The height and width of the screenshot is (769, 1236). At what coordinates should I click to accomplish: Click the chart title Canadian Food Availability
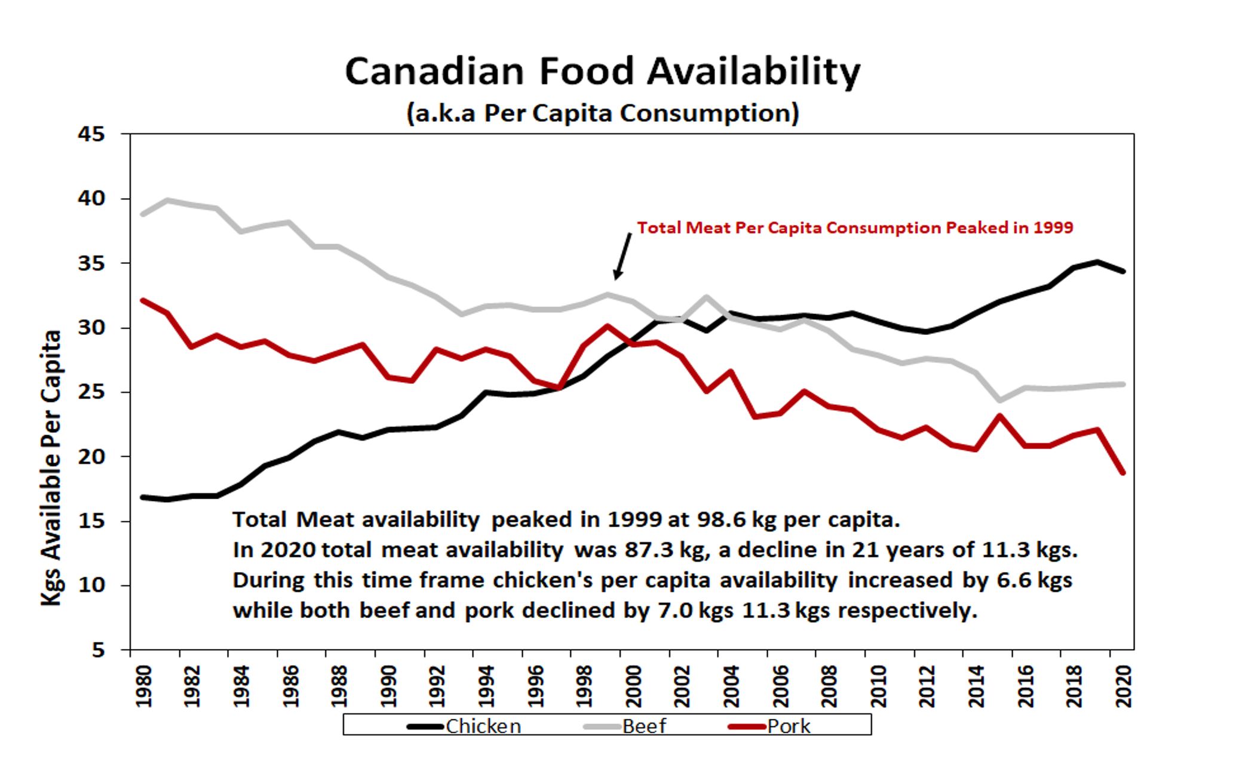pyautogui.click(x=602, y=72)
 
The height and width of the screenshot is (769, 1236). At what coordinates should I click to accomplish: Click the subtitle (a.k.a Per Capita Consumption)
pyautogui.click(x=602, y=113)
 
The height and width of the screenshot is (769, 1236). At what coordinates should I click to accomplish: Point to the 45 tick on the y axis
pyautogui.click(x=91, y=135)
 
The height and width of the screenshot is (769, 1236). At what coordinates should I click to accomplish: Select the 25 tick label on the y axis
pyautogui.click(x=91, y=393)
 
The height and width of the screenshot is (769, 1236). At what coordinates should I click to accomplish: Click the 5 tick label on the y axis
pyautogui.click(x=98, y=650)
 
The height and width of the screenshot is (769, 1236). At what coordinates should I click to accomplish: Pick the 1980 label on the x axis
pyautogui.click(x=143, y=687)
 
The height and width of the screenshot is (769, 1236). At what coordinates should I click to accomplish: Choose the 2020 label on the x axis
pyautogui.click(x=1124, y=687)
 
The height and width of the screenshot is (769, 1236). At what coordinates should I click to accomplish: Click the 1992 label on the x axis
pyautogui.click(x=437, y=687)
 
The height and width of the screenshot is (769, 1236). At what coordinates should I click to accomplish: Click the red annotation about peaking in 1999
pyautogui.click(x=854, y=228)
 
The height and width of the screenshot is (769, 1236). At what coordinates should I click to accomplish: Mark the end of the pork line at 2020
pyautogui.click(x=1123, y=473)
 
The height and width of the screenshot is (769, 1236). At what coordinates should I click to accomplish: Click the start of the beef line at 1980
pyautogui.click(x=143, y=214)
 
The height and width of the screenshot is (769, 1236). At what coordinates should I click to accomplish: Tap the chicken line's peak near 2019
pyautogui.click(x=1097, y=262)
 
